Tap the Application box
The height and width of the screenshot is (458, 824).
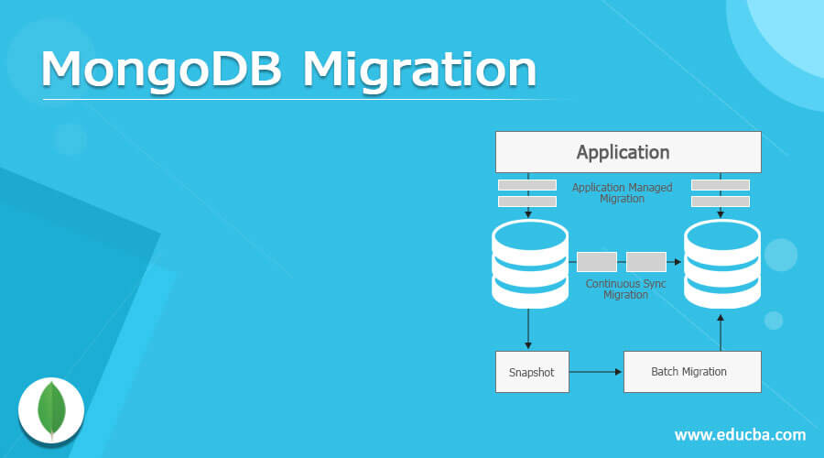click(x=627, y=152)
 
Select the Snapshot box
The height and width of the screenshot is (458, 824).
click(x=531, y=372)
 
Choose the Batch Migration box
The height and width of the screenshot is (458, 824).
click(x=691, y=372)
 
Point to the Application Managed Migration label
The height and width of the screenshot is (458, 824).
click(x=623, y=193)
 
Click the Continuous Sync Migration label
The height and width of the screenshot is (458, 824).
click(x=625, y=289)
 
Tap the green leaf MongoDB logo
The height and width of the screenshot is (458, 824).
click(x=51, y=409)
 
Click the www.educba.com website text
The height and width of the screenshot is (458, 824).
click(x=740, y=434)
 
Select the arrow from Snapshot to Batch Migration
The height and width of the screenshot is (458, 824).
click(x=595, y=372)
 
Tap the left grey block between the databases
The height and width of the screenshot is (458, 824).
click(x=596, y=262)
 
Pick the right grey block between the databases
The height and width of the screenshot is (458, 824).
click(x=645, y=262)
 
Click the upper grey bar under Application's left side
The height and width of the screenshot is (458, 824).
click(x=526, y=185)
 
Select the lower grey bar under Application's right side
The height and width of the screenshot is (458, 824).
click(x=721, y=202)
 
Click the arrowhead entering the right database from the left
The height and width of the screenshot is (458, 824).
click(x=678, y=262)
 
